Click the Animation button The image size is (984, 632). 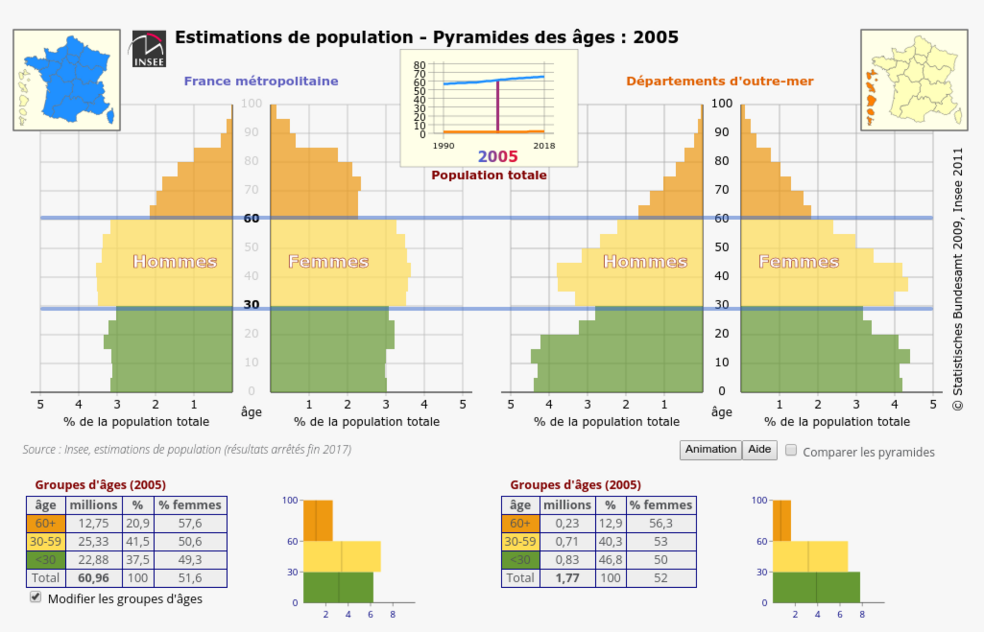710,449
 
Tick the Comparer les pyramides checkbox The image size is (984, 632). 791,450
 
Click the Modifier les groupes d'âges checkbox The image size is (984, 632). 36,597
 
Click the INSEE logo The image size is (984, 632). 148,49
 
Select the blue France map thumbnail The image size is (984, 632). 67,80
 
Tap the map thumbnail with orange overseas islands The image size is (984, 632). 914,80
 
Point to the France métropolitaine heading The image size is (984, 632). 261,81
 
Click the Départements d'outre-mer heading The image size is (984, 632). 720,81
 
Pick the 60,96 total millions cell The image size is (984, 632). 93,578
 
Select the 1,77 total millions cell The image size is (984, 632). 567,578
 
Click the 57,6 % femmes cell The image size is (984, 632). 190,523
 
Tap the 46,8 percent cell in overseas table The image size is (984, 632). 610,560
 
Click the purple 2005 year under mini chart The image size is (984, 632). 497,156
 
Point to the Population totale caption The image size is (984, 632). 489,175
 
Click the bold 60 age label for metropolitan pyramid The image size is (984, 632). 251,218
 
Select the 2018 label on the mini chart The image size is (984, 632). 544,146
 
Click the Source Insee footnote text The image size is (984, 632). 187,449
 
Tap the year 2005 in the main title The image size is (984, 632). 656,37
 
